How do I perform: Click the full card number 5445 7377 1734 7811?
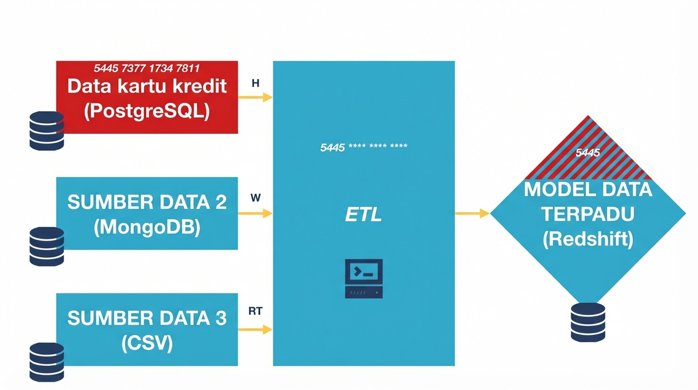click(147, 68)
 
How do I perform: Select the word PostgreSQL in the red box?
click(147, 111)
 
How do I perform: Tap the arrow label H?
click(256, 83)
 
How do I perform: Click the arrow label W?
click(256, 198)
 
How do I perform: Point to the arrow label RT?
click(256, 311)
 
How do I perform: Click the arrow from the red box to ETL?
click(255, 97)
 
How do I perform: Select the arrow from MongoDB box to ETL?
click(255, 213)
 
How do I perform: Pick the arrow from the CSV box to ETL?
click(255, 330)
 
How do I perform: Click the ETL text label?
click(363, 215)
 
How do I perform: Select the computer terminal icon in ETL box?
click(364, 278)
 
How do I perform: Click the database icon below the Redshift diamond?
click(588, 322)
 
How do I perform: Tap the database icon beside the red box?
click(47, 131)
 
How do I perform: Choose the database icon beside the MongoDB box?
click(47, 246)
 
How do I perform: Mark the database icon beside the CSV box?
click(47, 362)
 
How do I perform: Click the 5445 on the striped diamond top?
click(588, 152)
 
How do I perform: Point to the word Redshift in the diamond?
click(588, 239)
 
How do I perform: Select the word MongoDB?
click(147, 227)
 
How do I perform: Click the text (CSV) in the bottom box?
click(147, 343)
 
